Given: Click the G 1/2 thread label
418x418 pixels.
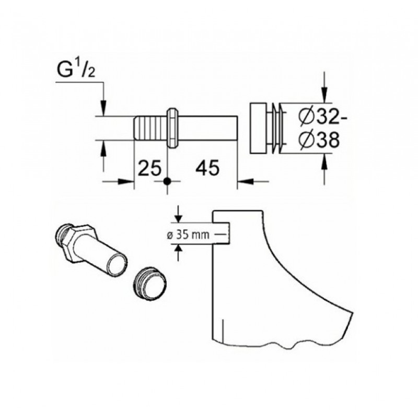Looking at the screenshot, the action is coord(76,69).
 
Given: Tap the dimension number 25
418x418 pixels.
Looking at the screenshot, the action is coord(149,168).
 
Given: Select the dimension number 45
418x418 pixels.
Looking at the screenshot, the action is coord(207,168).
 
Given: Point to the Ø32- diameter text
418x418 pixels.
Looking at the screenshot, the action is coord(322,117).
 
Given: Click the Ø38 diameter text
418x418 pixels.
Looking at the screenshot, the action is coord(319,140).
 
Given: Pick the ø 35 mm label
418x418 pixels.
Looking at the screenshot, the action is coord(188,235).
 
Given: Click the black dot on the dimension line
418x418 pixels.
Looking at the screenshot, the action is coord(167,181).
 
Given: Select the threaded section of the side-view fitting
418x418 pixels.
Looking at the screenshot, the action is coord(150,128).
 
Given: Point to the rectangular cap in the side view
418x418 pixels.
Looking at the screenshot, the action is coord(258,128).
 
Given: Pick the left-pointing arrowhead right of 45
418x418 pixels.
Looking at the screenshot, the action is coord(245,181).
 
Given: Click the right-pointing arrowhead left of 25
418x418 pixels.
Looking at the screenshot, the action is coord(126,181).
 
